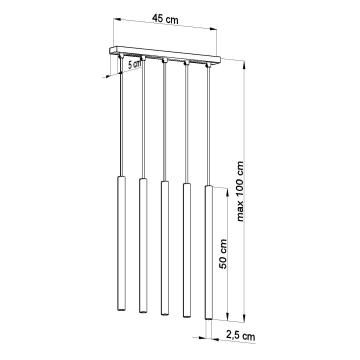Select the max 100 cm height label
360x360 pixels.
pos(240,191)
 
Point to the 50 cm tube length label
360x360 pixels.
pos(223,254)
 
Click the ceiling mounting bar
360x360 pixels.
pos(165,53)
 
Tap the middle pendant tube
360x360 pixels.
pos(164,247)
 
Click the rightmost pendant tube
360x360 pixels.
pos(208,252)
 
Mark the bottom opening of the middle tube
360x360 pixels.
pos(164,314)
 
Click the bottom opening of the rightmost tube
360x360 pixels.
pos(208,318)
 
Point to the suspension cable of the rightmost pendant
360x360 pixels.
pos(207,125)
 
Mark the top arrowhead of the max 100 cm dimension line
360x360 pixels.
pos(244,63)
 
